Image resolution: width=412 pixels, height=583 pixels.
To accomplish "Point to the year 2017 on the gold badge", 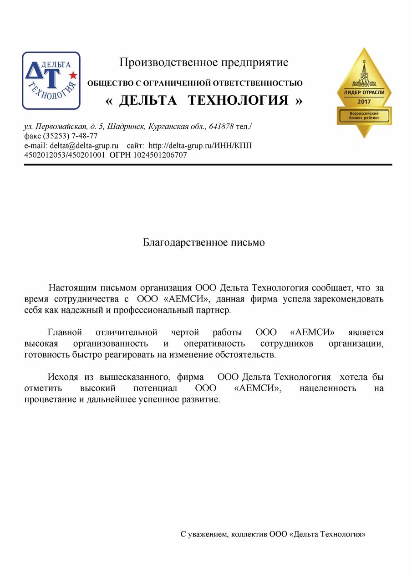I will click(x=364, y=101).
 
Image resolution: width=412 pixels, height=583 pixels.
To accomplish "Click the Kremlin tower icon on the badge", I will click(x=364, y=73).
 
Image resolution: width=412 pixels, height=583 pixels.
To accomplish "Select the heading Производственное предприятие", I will click(x=203, y=62).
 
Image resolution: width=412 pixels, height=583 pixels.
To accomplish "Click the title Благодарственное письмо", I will click(x=204, y=242).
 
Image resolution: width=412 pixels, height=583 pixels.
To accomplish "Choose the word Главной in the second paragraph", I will click(x=64, y=332).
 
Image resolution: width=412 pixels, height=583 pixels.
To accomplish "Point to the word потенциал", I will click(x=155, y=389).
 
